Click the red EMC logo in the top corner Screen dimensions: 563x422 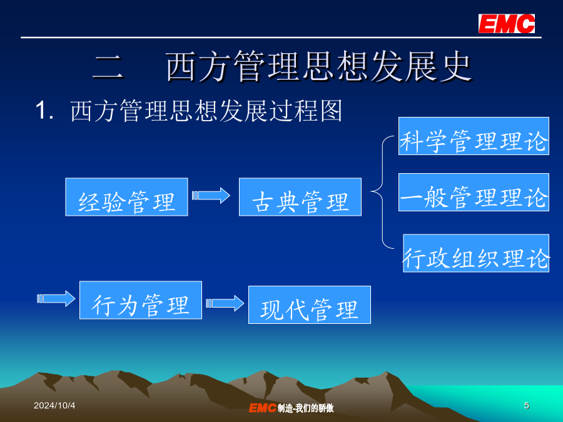tap(506, 24)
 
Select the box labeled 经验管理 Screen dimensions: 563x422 tap(126, 197)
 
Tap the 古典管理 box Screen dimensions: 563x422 tap(300, 197)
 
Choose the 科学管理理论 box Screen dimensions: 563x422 tap(474, 136)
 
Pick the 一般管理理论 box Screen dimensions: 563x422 tap(474, 193)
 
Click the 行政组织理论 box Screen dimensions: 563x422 tap(476, 253)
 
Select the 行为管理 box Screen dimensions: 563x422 tap(141, 300)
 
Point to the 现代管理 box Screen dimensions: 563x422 tap(310, 304)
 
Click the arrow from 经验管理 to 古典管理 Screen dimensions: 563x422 tap(211, 196)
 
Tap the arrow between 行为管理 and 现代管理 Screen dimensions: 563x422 tap(225, 303)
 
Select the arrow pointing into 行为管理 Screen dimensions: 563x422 tap(56, 299)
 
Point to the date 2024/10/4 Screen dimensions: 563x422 tap(54, 406)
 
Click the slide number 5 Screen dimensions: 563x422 tap(526, 406)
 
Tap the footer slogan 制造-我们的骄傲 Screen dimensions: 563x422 tap(305, 408)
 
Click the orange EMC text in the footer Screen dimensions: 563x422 tap(263, 408)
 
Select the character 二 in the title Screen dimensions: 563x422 tap(108, 67)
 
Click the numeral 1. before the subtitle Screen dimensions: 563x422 tap(44, 110)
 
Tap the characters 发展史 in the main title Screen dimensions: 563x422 tap(421, 66)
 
